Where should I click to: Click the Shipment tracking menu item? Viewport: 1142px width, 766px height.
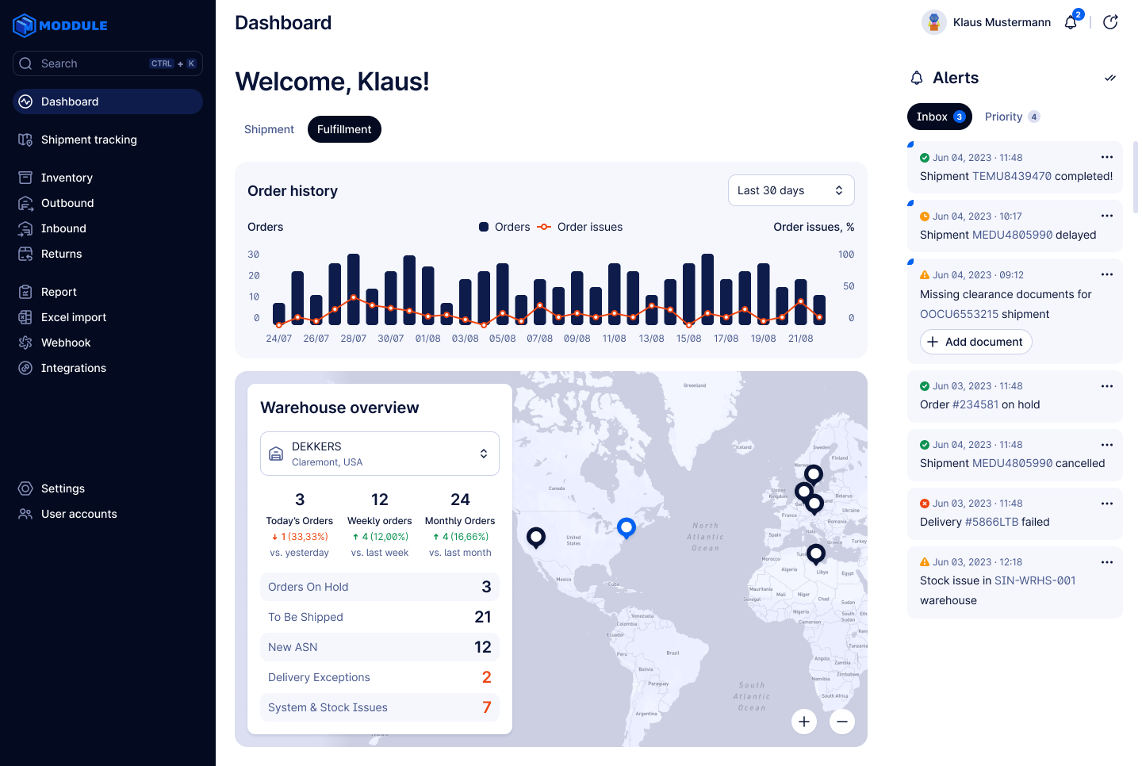point(88,140)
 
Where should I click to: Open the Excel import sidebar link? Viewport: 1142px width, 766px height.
point(73,317)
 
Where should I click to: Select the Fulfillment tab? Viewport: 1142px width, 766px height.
point(344,129)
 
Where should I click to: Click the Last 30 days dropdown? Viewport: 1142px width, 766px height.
point(791,190)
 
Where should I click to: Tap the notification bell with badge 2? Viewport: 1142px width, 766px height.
point(1071,22)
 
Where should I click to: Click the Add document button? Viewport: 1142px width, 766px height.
point(975,342)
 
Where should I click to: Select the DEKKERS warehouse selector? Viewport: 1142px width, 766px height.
point(379,454)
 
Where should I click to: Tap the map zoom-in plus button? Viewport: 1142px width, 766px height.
point(804,722)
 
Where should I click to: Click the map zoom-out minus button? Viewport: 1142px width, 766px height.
point(842,722)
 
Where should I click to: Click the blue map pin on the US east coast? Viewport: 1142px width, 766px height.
point(627,527)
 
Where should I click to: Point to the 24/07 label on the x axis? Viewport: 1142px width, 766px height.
point(278,339)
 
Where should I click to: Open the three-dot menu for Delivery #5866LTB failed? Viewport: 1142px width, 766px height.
point(1107,504)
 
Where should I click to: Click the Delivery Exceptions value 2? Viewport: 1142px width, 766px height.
point(486,677)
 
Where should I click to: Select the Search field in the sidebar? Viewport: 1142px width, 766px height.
point(107,63)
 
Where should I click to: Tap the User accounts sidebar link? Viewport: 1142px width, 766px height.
point(79,514)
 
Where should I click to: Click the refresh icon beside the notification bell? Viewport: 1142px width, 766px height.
point(1110,22)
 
